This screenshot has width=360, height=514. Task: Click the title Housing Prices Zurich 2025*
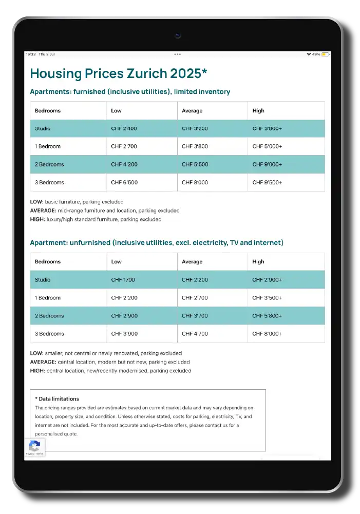click(119, 73)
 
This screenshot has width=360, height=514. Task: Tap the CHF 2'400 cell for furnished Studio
click(124, 128)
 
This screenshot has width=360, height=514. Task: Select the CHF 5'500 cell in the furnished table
click(195, 164)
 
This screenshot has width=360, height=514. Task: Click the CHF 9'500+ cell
click(267, 182)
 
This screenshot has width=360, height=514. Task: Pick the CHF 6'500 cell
click(124, 182)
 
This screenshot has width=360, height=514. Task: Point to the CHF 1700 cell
click(123, 280)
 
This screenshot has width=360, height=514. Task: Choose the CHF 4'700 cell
click(195, 334)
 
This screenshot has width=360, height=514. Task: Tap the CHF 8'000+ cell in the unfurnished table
click(267, 334)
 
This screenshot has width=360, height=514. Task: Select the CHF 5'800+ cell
click(267, 316)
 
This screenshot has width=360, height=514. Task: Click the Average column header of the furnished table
click(192, 110)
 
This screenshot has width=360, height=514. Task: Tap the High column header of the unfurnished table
click(258, 261)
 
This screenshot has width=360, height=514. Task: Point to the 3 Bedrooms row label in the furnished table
click(49, 182)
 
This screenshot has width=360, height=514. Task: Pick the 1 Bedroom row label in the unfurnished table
click(48, 298)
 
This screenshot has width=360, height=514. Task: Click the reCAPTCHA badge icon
click(34, 445)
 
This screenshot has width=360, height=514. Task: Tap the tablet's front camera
click(178, 35)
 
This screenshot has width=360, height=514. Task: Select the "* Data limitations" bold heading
click(57, 398)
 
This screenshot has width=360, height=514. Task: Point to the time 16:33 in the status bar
click(31, 54)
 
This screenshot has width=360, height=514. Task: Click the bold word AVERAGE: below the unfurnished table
click(43, 362)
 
